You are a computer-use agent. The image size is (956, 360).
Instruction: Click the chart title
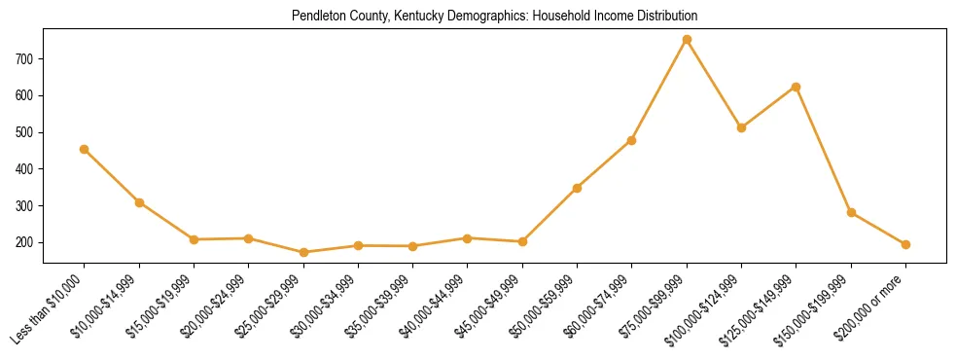(494, 17)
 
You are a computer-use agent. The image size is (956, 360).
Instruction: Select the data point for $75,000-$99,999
(687, 40)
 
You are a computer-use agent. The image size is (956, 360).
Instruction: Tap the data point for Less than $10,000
(85, 149)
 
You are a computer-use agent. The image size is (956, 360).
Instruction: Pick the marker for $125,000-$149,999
(797, 87)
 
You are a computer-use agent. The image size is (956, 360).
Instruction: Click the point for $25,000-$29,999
(303, 252)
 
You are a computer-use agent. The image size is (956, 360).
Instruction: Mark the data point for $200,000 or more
(905, 244)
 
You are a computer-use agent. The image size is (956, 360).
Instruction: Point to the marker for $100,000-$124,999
(742, 127)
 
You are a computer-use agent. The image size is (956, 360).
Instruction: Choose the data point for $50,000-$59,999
(578, 188)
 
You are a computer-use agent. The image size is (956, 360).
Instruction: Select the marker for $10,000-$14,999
(139, 202)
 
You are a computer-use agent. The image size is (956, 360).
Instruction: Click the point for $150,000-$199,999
(851, 212)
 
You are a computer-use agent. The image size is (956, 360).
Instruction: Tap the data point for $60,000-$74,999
(632, 140)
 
